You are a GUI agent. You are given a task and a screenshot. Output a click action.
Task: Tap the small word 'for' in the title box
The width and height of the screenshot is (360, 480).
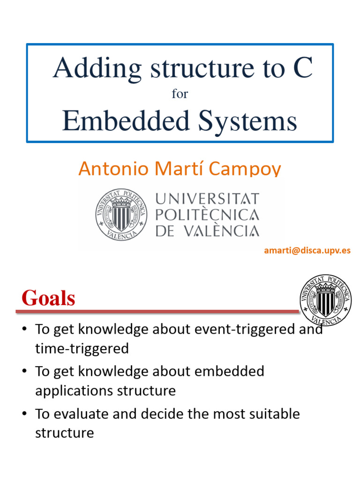pos(180,94)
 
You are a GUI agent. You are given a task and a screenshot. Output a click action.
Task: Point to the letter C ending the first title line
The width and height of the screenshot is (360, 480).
pos(302,68)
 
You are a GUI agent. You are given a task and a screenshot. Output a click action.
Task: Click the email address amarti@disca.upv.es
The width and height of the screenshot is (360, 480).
pos(307,250)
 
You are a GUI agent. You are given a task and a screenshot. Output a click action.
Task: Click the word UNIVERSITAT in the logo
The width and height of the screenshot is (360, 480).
pos(207,198)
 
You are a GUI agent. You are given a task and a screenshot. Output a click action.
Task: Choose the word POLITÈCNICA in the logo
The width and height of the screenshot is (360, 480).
pos(207,215)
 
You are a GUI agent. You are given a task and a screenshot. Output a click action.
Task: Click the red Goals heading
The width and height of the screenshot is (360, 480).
pos(48,298)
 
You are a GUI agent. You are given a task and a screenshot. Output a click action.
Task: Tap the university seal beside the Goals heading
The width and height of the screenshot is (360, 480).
pos(326,300)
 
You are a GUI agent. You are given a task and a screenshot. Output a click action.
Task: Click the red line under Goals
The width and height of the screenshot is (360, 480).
pos(157,311)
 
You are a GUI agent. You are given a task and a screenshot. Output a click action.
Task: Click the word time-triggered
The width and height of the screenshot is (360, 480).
pos(82,348)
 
